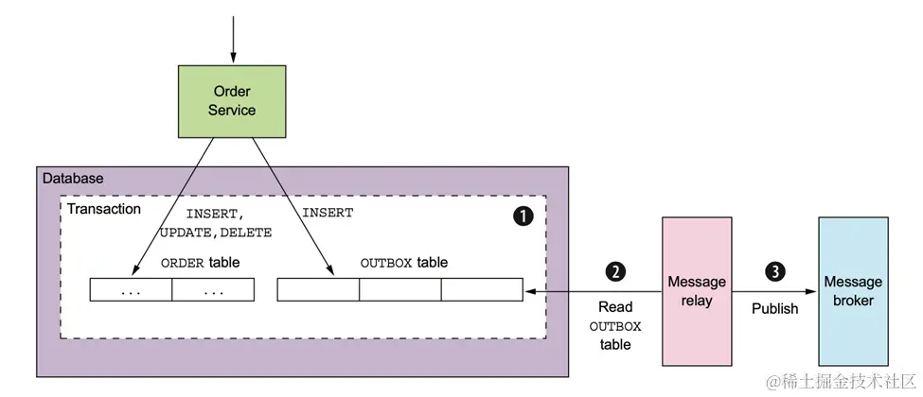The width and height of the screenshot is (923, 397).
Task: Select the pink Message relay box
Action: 696,291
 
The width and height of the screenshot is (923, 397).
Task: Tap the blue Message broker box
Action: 853,291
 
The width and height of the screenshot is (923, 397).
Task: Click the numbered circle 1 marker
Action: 523,216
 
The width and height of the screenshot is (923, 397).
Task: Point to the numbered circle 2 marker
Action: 615,272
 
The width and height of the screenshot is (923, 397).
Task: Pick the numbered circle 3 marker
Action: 774,272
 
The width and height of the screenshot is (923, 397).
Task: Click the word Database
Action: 73,179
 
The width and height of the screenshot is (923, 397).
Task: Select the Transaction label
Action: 104,209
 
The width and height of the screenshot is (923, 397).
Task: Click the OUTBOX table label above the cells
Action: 404,263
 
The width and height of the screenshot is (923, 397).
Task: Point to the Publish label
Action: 774,308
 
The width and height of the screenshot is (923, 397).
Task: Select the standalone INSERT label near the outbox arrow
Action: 328,214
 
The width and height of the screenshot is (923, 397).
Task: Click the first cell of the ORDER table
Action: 131,290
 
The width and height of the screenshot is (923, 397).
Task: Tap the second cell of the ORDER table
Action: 213,290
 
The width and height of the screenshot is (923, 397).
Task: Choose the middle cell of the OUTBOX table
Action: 399,290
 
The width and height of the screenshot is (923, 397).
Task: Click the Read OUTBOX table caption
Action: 615,326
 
